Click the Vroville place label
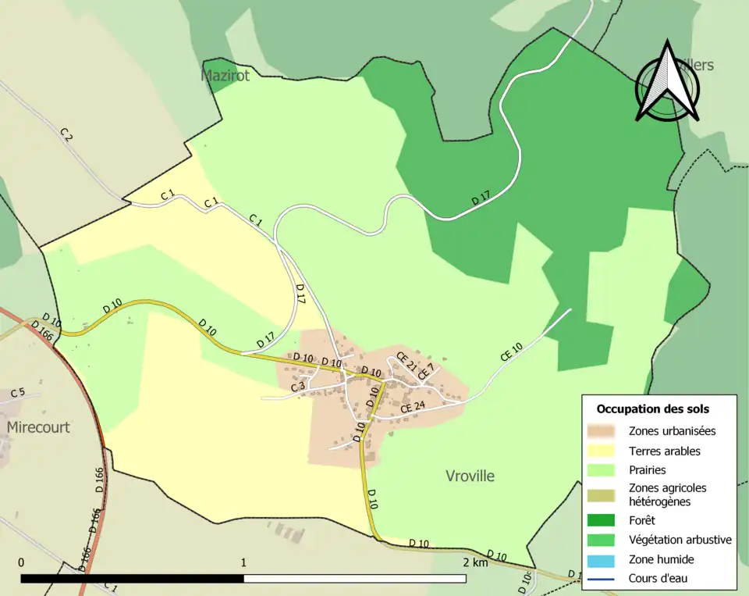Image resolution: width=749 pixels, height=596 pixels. click(470, 476)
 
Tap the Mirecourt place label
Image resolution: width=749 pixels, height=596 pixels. click(38, 427)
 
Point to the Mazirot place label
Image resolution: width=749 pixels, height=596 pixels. click(226, 76)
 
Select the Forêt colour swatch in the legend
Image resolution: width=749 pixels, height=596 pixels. click(605, 520)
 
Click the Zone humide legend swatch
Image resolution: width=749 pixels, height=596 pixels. click(605, 559)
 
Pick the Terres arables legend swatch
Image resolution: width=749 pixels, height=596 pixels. click(605, 451)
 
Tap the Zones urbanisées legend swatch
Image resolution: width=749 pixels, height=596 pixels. click(605, 430)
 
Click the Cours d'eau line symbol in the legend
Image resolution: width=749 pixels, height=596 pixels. click(605, 579)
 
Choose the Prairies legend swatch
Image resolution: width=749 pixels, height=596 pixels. click(605, 470)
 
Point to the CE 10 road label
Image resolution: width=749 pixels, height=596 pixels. click(511, 352)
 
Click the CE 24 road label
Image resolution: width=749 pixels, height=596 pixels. click(413, 407)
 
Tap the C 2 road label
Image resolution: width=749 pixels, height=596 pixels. click(66, 134)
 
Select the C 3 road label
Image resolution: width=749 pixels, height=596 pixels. click(298, 387)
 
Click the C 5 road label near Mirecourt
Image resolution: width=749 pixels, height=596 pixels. click(18, 392)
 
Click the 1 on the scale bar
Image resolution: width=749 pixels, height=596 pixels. click(243, 562)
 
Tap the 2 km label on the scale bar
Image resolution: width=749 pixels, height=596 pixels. click(474, 562)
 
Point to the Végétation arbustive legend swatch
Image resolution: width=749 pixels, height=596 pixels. click(605, 540)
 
